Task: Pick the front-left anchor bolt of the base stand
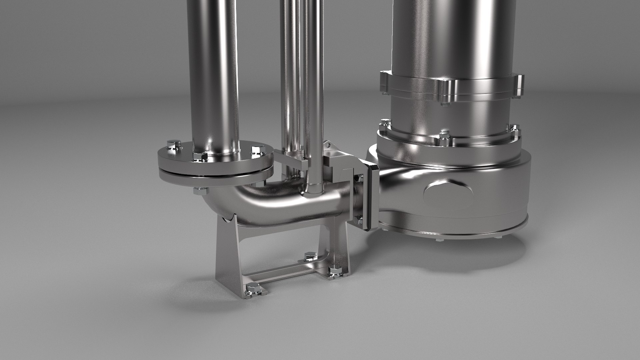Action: (252, 289)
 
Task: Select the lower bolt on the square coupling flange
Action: (358, 220)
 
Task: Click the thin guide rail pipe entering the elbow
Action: (314, 100)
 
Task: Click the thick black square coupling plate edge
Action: (371, 197)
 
